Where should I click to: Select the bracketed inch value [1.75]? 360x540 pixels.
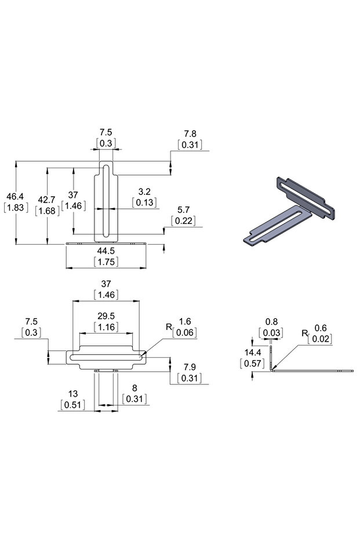tap(106, 262)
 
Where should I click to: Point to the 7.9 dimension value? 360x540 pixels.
tap(189, 368)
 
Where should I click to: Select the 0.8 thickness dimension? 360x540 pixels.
tap(271, 322)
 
